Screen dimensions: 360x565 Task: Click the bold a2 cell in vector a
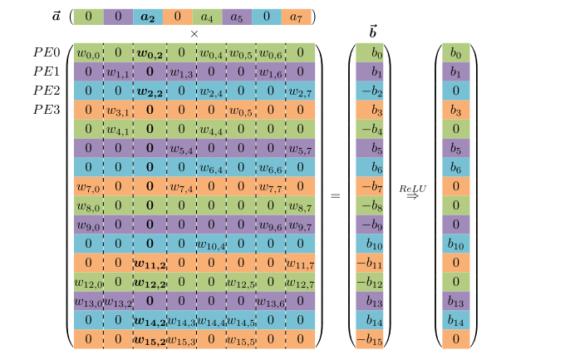[147, 16]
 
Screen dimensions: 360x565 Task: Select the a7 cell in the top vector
[296, 16]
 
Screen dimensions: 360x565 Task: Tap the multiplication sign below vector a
[194, 33]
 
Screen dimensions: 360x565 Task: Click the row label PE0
[47, 52]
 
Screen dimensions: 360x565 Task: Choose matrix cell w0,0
[87, 52]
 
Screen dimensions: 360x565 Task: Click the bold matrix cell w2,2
[149, 91]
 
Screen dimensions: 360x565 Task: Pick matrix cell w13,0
[87, 301]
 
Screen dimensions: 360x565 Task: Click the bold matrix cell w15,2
[149, 339]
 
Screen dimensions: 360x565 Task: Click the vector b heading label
[371, 33]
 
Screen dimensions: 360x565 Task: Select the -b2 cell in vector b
[371, 91]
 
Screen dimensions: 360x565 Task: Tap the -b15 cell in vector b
[371, 339]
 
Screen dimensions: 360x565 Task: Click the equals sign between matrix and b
[336, 196]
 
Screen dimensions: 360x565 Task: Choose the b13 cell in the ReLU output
[456, 301]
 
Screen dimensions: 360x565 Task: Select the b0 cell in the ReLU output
[456, 52]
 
